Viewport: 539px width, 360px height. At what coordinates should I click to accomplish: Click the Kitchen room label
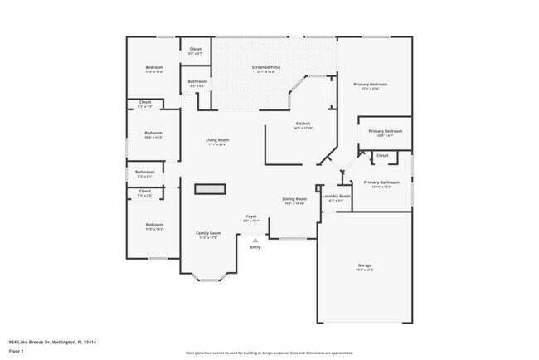coord(302,124)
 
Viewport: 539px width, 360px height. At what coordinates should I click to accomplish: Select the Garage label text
coord(365,265)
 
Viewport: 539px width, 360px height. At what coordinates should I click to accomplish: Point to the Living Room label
coord(217,140)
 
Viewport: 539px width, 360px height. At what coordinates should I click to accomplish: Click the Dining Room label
coord(294,199)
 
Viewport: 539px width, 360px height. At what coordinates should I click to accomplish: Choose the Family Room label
coord(207,233)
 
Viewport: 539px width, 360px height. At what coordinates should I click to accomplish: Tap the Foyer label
coord(251,217)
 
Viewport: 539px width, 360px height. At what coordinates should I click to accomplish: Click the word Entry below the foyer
coord(255,247)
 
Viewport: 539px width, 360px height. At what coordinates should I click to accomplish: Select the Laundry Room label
coord(336,196)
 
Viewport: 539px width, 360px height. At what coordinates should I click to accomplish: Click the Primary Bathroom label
coord(381,182)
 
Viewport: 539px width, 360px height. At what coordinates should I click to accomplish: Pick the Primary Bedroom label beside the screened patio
coord(371,85)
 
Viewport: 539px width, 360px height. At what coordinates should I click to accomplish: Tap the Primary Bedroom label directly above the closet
coord(385,131)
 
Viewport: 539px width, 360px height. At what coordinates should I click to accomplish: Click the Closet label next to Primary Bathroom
coord(382,155)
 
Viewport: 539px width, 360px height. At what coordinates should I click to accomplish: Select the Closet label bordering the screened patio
coord(195,49)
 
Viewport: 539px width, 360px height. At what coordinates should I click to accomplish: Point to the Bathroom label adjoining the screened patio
coord(197,81)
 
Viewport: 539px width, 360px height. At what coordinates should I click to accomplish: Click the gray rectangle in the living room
coord(210,189)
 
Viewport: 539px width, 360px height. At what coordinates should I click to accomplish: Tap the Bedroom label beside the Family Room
coord(153,225)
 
